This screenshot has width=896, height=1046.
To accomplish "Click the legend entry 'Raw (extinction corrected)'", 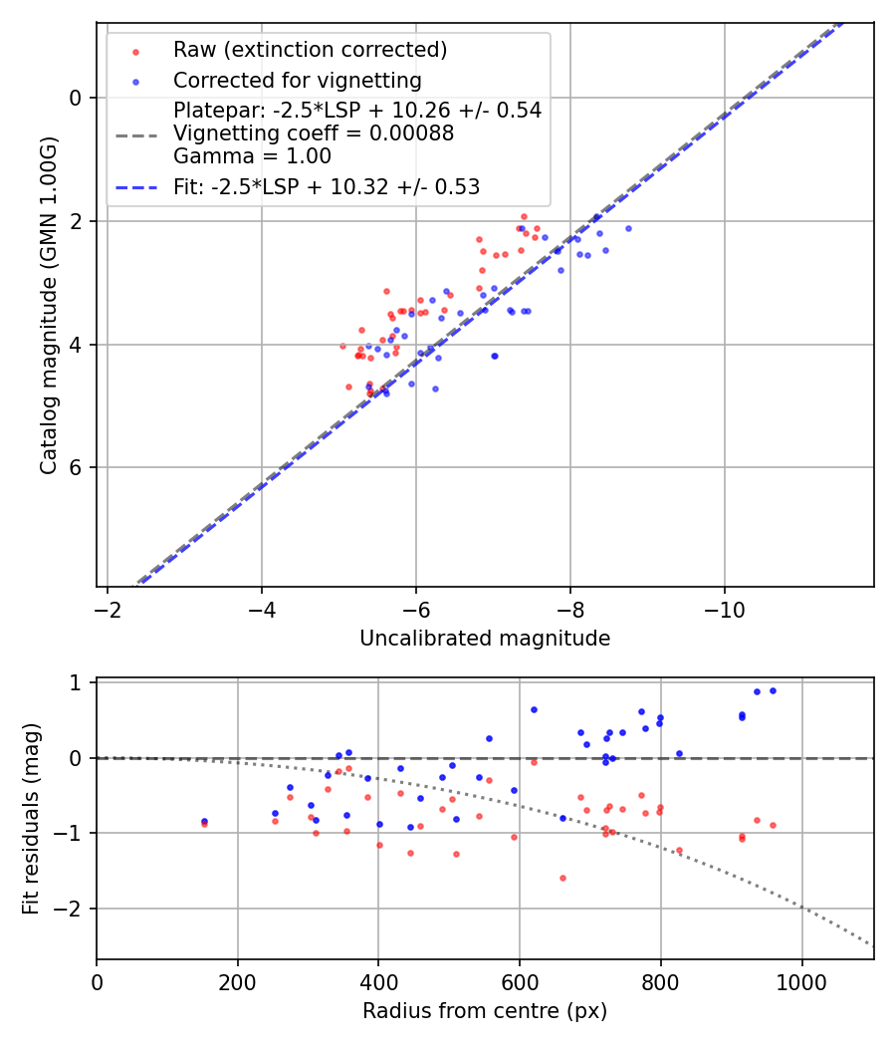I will click(x=310, y=50).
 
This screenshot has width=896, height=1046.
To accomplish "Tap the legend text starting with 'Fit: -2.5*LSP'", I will click(x=327, y=187).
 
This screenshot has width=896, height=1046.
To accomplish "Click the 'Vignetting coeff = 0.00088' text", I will click(x=314, y=133).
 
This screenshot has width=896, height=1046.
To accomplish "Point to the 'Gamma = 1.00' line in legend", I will click(x=252, y=156).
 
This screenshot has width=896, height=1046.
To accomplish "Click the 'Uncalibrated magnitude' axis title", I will click(x=485, y=639).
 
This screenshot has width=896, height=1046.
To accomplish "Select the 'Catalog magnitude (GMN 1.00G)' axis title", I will click(x=48, y=305).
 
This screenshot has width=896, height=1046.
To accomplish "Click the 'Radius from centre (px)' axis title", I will click(x=485, y=1011).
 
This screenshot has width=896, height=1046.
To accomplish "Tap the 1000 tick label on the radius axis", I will click(x=801, y=980).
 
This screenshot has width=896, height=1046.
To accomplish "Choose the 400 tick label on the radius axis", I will click(x=378, y=980).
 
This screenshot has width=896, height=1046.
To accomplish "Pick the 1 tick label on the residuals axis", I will click(x=76, y=683).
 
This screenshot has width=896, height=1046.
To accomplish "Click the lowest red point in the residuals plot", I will click(x=562, y=878).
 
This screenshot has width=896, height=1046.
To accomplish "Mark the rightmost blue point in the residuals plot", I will click(x=773, y=690).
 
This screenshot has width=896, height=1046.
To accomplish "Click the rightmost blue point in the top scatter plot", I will click(x=628, y=228).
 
